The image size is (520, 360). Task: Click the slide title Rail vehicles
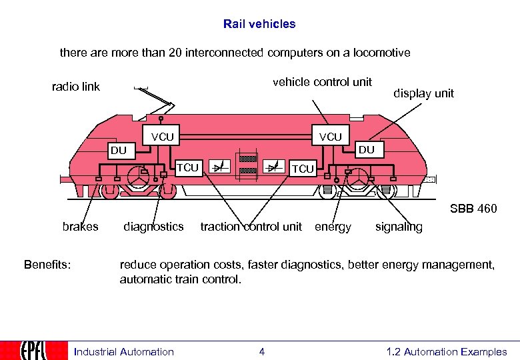tap(259, 24)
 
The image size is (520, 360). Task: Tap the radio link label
tap(76, 87)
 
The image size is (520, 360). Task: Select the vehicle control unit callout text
tap(322, 82)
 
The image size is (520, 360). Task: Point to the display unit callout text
tap(423, 93)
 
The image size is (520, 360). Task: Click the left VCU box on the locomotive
tap(162, 137)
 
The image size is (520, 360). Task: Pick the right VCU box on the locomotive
tap(330, 137)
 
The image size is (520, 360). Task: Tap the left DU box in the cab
tap(119, 150)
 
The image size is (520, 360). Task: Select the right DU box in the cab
tap(367, 150)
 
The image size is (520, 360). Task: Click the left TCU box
tap(187, 167)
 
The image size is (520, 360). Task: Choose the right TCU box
tap(303, 169)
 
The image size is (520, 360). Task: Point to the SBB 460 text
tap(473, 209)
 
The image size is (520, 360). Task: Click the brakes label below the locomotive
tap(80, 227)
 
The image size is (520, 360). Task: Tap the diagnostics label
tap(153, 227)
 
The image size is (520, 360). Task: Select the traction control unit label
tap(251, 227)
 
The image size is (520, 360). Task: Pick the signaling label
tap(399, 227)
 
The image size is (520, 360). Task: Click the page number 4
tap(261, 352)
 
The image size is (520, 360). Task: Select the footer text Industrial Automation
tap(123, 352)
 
